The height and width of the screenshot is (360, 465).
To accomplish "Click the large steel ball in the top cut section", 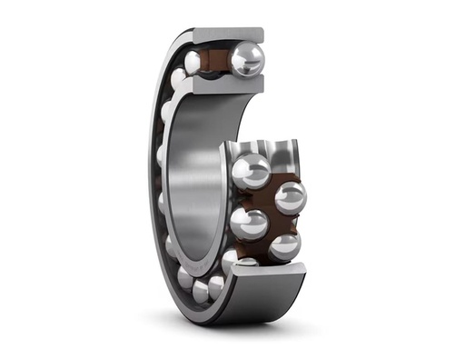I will coord(246,60).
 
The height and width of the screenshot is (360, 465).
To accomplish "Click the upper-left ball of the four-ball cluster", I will coord(251,171).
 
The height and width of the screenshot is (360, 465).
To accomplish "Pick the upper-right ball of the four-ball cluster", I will coord(290,196).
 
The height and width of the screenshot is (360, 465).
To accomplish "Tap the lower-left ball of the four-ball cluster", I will coord(249,224).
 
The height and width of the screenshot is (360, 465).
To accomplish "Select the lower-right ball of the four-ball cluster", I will coord(284,245).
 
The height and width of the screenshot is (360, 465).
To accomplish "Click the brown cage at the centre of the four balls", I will coord(270,209).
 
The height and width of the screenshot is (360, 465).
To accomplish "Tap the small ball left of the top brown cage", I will coord(193,61).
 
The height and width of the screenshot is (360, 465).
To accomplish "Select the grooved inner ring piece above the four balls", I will coord(263,151).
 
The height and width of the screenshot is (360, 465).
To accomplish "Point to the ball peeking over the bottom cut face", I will coord(247,264).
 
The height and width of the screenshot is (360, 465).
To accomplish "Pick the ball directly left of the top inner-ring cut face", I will coord(179,80).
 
